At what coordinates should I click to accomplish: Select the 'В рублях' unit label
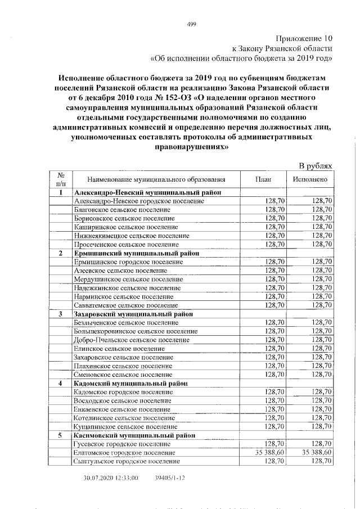coord(317,166)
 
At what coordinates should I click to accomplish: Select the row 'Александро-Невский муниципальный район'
coord(143,192)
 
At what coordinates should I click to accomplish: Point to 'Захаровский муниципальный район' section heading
coord(134,313)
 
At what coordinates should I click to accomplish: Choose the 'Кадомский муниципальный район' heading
coord(130,383)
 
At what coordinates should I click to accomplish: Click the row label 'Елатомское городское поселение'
coord(124,452)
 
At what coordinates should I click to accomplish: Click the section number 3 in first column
coord(60,313)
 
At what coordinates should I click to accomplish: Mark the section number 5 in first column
coord(60,435)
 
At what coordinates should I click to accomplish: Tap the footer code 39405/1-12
coord(169,478)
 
